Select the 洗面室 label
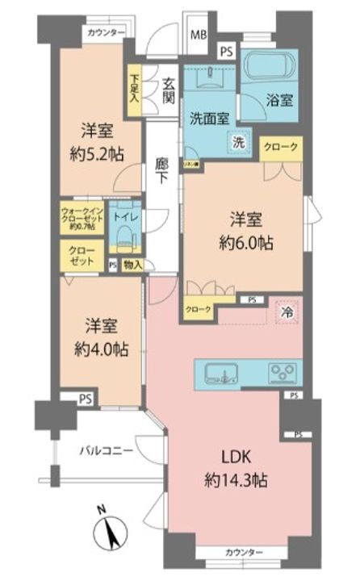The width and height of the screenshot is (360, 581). (210, 117)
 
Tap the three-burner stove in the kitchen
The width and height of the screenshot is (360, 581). (283, 372)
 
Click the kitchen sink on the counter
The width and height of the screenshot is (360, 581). (220, 372)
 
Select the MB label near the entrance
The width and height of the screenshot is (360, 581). (198, 36)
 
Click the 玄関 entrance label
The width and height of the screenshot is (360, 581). (169, 90)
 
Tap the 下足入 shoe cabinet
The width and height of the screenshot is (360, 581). (133, 88)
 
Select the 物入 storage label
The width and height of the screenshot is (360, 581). (133, 264)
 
